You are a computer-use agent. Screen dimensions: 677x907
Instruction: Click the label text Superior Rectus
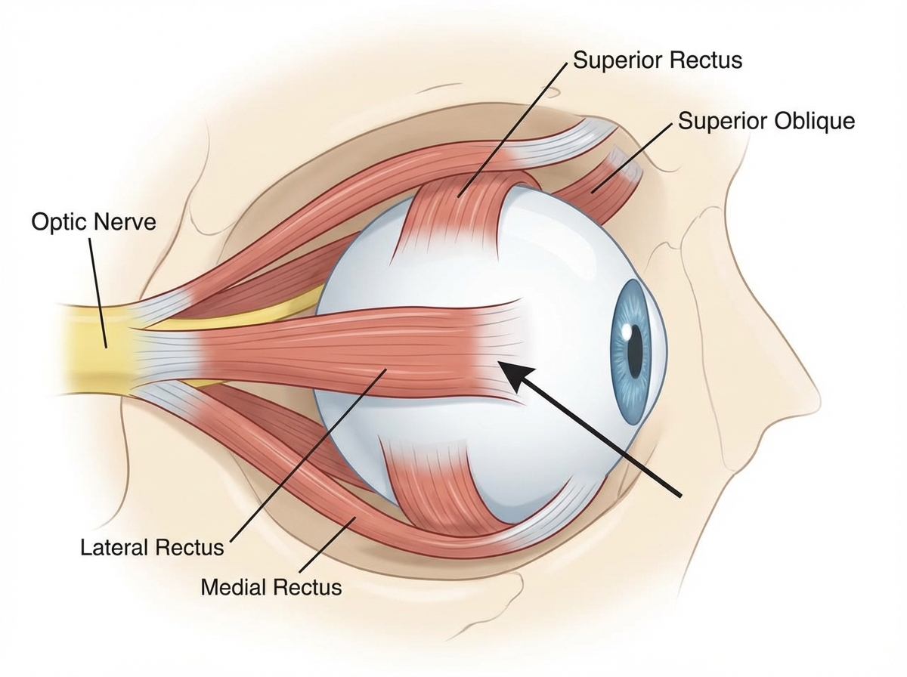pyautogui.click(x=657, y=60)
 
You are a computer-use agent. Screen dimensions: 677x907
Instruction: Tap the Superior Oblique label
pyautogui.click(x=766, y=121)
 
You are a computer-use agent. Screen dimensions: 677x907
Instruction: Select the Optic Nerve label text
pyautogui.click(x=94, y=222)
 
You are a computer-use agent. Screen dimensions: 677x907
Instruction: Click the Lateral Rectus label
pyautogui.click(x=152, y=546)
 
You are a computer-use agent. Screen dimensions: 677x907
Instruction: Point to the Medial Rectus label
pyautogui.click(x=271, y=586)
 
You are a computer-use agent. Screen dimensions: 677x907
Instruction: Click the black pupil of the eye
pyautogui.click(x=635, y=347)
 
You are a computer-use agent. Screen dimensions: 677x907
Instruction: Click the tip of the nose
pyautogui.click(x=816, y=393)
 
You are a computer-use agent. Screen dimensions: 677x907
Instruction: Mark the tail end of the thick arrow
pyautogui.click(x=680, y=495)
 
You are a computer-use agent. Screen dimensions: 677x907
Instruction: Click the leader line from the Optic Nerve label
pyautogui.click(x=98, y=291)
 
